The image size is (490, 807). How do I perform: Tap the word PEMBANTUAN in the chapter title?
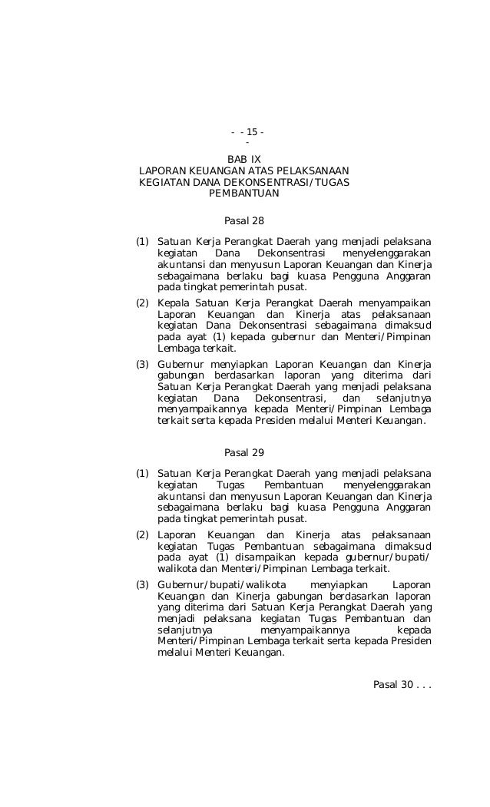tap(243, 193)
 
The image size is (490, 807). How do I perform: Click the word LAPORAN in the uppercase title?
tap(162, 170)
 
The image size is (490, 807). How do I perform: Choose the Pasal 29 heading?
tap(243, 452)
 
